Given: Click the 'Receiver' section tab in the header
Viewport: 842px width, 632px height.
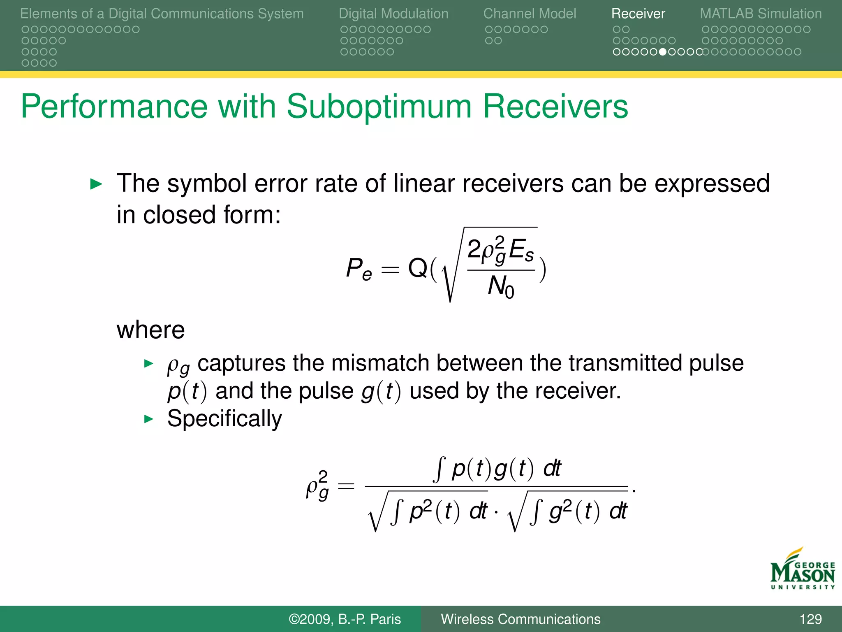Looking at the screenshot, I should [638, 14].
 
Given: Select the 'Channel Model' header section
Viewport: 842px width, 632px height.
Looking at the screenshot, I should [530, 14].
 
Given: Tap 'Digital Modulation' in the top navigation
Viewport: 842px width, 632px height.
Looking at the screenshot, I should [393, 14].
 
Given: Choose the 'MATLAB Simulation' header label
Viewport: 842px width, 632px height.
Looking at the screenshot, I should [761, 14].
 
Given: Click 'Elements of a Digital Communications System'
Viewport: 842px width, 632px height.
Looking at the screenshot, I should [162, 14].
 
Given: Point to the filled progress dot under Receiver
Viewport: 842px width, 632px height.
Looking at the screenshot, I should [662, 52].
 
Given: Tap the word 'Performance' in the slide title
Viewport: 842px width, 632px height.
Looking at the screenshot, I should [114, 107].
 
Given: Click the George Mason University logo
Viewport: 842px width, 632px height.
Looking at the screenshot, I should [803, 569].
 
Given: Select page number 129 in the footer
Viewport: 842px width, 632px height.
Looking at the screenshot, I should [810, 619].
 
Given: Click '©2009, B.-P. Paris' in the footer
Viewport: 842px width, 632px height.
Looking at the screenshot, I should [345, 619].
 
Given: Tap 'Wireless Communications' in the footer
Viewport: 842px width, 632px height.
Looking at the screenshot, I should [520, 619].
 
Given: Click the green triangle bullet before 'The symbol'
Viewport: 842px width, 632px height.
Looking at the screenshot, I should [96, 184].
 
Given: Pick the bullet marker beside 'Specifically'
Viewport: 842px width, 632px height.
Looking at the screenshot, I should [148, 419].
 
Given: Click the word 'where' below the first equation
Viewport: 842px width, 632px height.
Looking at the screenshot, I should [150, 330].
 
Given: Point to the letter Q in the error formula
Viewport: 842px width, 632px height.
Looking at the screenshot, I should [418, 268].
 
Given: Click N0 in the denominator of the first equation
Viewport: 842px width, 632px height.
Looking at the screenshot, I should [500, 286].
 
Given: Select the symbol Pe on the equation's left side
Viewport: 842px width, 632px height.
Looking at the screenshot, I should [359, 269].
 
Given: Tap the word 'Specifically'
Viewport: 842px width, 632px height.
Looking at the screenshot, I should [224, 419].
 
